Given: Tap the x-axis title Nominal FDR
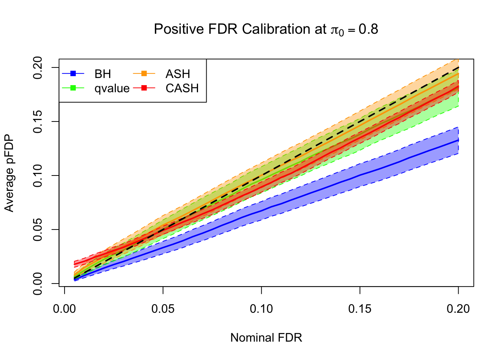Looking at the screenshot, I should coord(266,338).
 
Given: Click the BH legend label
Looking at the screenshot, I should coord(103,74).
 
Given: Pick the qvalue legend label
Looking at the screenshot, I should coord(112,88).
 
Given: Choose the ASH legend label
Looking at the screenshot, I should coord(178,74).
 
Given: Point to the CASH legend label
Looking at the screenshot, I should coord(182,88).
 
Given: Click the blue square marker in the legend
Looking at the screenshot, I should coord(73,73).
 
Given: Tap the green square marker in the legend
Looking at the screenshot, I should coord(73,88).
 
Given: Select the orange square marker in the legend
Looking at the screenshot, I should coord(144,73).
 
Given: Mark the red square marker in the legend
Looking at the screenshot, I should coord(144,88).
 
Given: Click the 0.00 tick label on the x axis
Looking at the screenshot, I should coord(64,309).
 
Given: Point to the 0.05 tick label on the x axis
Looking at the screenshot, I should coord(163,309).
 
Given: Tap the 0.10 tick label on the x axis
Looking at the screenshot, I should coord(261,309).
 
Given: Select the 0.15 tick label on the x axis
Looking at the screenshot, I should coord(360,309).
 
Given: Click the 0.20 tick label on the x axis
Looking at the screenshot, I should coord(458,309).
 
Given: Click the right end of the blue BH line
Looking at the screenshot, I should coord(458,140).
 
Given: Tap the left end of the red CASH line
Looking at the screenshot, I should coord(75,264).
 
